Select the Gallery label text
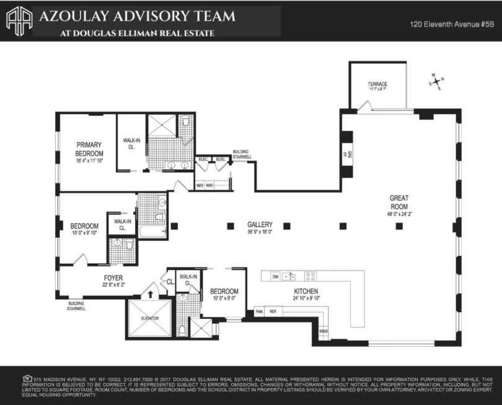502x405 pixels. (x=260, y=224)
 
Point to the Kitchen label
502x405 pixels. (x=306, y=291)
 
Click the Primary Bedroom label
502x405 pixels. (x=89, y=149)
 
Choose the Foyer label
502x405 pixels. (x=113, y=278)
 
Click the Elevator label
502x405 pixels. (x=150, y=318)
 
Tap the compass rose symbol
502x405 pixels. (x=436, y=81)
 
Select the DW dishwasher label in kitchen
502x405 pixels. (x=275, y=277)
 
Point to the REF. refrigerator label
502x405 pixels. (x=273, y=311)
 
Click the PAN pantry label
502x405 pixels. (x=259, y=311)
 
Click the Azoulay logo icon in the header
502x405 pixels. (x=19, y=20)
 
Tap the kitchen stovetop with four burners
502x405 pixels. (x=310, y=277)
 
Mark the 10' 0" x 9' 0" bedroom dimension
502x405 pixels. (x=224, y=298)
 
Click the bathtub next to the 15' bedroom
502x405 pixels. (x=152, y=232)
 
